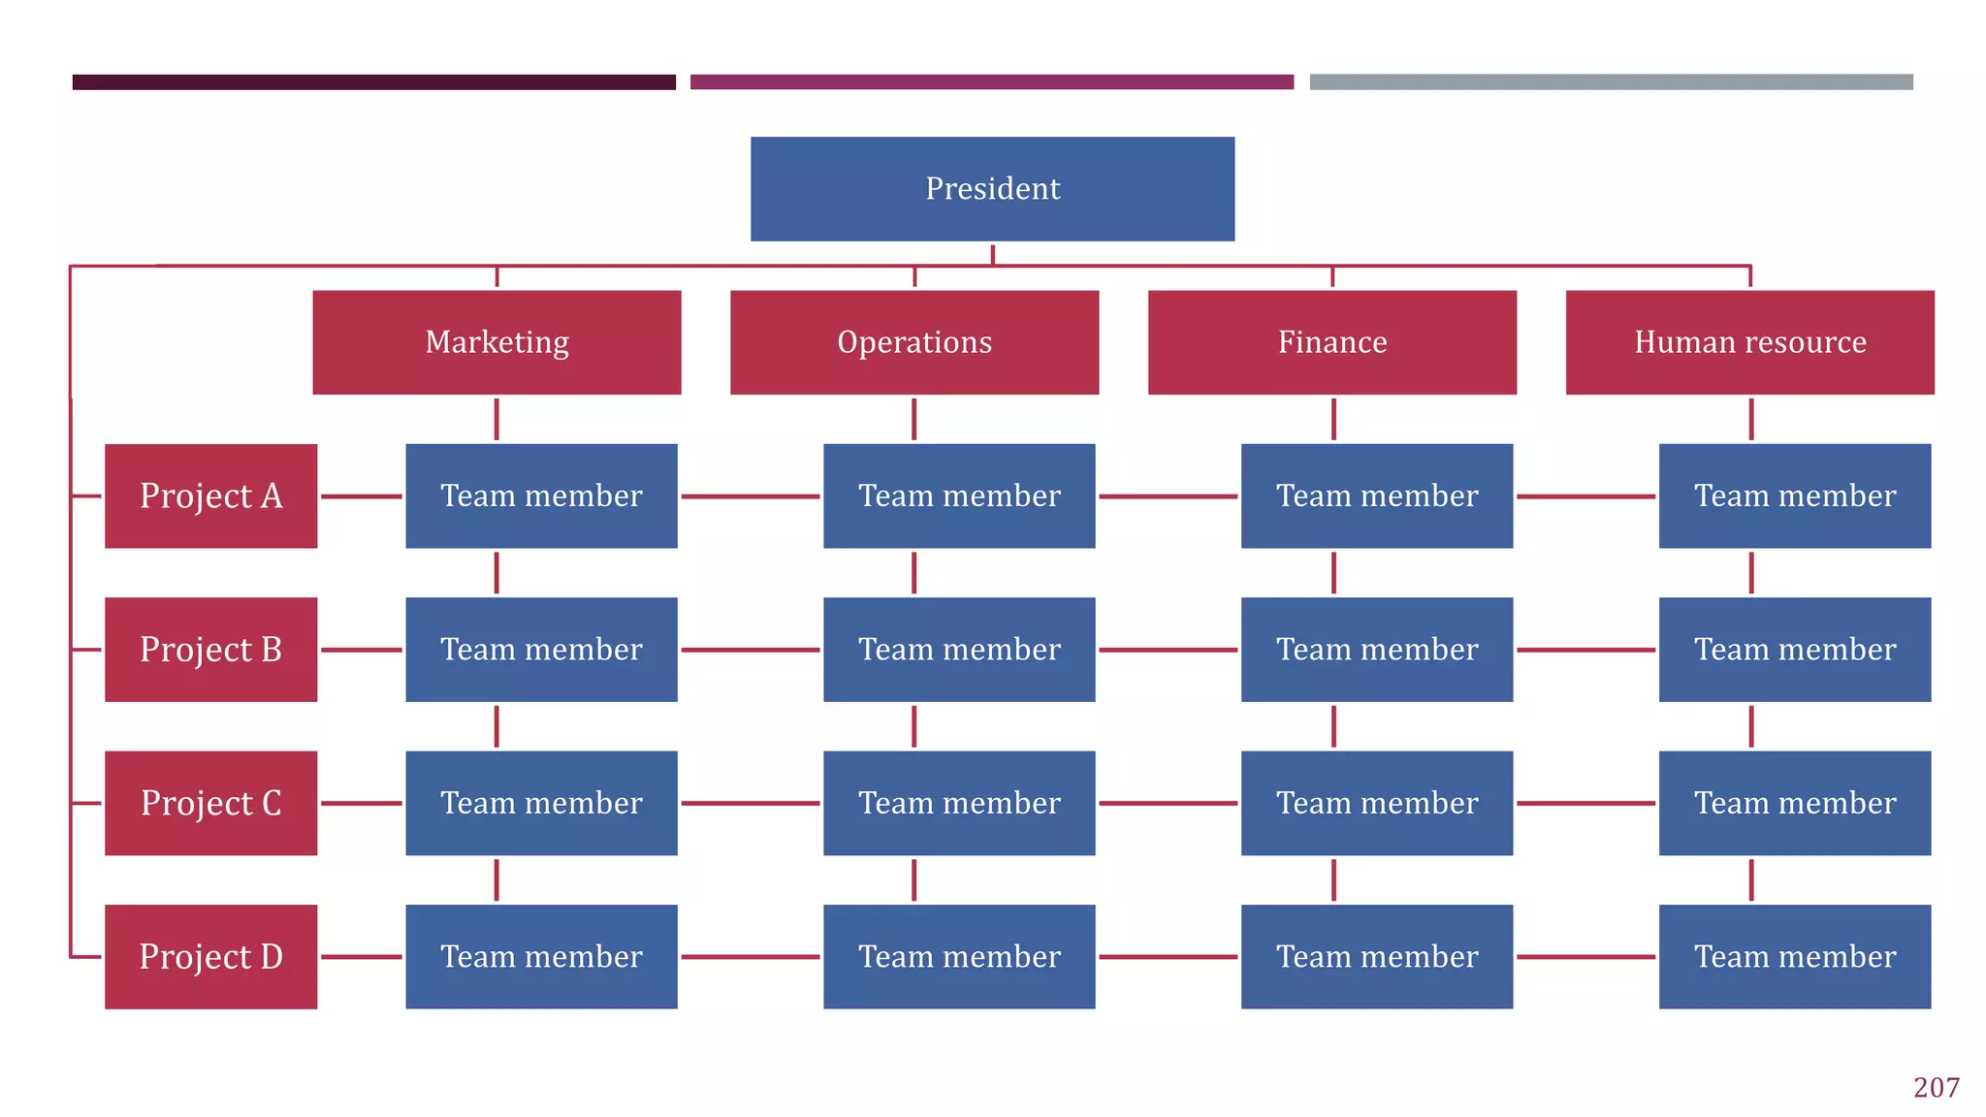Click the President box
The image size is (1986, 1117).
pos(992,188)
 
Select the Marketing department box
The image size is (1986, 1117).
pos(496,342)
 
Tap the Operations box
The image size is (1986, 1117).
pos(914,342)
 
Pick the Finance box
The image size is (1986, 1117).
pos(1332,342)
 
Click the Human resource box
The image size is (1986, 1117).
pos(1749,342)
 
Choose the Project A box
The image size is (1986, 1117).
pos(210,495)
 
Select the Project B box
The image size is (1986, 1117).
pos(210,650)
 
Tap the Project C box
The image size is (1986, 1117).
pos(210,803)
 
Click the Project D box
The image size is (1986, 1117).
pos(210,957)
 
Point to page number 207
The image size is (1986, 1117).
pos(1936,1088)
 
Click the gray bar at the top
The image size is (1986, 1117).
pos(1611,82)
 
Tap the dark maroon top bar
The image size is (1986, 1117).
pos(373,82)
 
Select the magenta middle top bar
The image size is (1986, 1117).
pos(991,82)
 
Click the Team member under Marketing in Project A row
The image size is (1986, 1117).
pos(541,495)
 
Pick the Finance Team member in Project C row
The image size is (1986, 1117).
pos(1377,803)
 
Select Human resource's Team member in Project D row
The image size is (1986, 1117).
pos(1794,957)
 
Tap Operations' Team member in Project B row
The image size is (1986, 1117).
pos(959,650)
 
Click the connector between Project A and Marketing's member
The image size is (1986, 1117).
pos(361,496)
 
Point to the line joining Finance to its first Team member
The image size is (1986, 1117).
pos(1333,419)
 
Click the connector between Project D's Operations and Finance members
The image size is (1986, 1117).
pos(1168,957)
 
